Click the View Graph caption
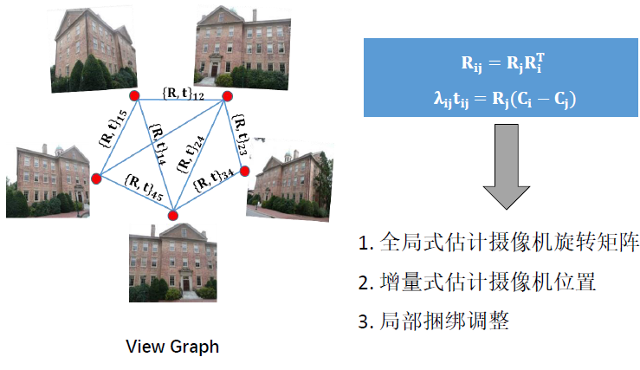point(172,347)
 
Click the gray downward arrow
point(506,166)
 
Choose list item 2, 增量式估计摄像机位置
point(476,282)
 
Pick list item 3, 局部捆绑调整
point(433,321)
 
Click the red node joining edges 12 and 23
point(227,96)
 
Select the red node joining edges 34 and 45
point(172,215)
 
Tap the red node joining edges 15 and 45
point(96,179)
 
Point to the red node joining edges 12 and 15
point(134,95)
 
